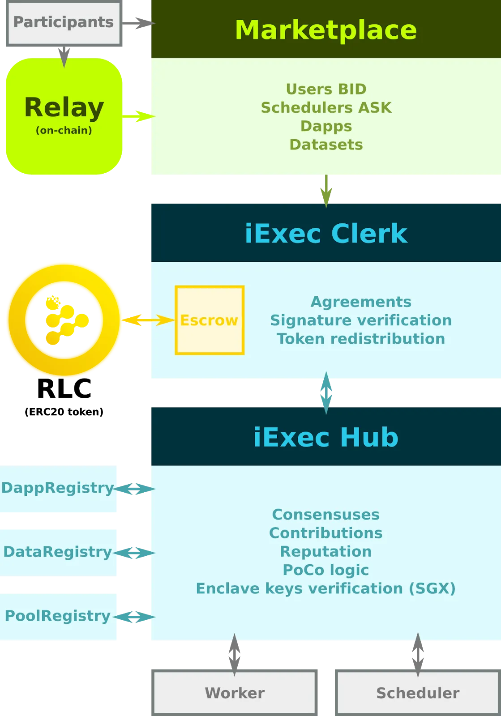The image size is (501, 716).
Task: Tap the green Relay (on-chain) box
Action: click(x=64, y=115)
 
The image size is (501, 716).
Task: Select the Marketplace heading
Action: click(x=326, y=30)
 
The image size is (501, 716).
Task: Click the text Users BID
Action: click(x=326, y=89)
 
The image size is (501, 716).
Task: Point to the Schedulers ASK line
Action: click(x=326, y=108)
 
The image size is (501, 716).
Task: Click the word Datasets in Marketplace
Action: click(x=326, y=145)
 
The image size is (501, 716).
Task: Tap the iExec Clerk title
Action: click(x=326, y=234)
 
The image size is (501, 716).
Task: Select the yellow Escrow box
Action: click(x=209, y=320)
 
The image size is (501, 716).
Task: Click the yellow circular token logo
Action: click(x=64, y=320)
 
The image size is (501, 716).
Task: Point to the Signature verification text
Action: click(x=361, y=320)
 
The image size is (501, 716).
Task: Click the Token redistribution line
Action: click(x=361, y=339)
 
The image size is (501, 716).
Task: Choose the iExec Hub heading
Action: click(x=326, y=437)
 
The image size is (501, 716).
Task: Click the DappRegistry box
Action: click(x=58, y=489)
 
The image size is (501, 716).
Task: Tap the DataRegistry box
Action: click(x=58, y=552)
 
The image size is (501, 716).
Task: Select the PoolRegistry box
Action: click(x=58, y=616)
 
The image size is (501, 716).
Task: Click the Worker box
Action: click(x=235, y=693)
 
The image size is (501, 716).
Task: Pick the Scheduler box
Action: click(x=418, y=693)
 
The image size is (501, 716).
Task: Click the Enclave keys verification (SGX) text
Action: click(x=326, y=588)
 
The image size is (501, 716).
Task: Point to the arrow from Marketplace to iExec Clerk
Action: click(x=326, y=190)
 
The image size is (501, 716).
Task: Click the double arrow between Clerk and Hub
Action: click(x=326, y=393)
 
